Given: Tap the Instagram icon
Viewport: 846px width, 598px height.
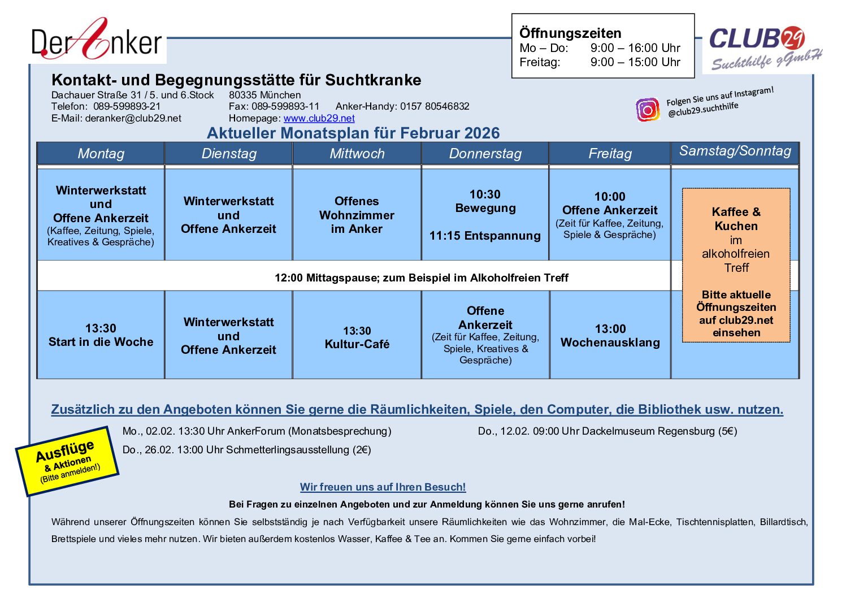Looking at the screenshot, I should [648, 109].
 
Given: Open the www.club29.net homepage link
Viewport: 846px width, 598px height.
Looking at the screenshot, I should [319, 118].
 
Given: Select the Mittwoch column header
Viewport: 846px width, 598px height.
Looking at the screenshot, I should [357, 154].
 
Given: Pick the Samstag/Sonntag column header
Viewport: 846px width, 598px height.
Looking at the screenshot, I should [735, 151].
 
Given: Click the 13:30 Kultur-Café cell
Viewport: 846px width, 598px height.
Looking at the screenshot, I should [357, 337].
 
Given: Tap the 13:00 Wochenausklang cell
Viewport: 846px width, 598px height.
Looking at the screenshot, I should [610, 336].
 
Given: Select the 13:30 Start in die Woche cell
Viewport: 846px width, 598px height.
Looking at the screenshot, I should [101, 335].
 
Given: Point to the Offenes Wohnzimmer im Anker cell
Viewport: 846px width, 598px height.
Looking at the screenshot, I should [357, 215].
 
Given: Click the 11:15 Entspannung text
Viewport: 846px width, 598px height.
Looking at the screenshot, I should [485, 236].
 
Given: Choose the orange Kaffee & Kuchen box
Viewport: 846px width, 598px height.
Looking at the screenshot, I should [736, 265].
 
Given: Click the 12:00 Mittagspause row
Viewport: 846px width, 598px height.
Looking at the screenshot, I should [421, 278].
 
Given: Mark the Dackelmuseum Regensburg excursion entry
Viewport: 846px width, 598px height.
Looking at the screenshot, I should [607, 431].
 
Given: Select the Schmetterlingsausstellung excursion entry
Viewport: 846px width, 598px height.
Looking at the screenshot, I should [246, 450].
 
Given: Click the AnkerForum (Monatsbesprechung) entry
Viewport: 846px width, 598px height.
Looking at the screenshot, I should [257, 431].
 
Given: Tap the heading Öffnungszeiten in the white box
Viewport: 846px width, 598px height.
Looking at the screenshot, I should [570, 33].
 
